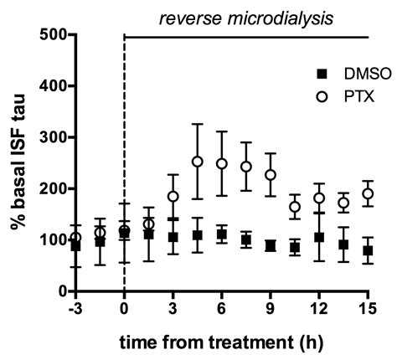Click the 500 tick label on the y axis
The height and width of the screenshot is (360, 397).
point(52,34)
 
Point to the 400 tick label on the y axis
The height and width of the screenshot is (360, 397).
point(52,85)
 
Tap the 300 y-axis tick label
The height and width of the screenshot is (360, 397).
point(52,136)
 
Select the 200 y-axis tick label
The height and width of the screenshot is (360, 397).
point(52,188)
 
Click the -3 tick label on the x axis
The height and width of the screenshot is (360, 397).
point(75,307)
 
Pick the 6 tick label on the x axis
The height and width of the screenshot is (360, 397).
point(222,307)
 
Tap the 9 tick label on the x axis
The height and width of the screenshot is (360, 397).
point(271,307)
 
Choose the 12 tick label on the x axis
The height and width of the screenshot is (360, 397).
point(319,307)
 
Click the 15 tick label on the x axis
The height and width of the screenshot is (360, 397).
point(368,307)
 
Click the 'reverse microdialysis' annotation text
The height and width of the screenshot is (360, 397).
point(246,17)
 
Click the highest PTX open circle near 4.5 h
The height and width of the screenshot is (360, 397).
point(198,162)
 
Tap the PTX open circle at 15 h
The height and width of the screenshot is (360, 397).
point(368,193)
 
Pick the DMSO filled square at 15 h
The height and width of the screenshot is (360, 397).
point(368,250)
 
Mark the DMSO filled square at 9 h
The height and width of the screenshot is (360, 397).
point(271,245)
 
